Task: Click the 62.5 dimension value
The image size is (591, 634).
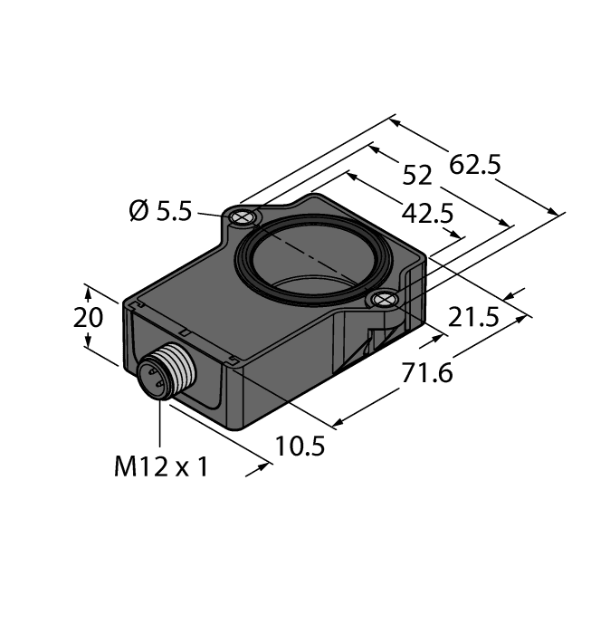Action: pos(476,165)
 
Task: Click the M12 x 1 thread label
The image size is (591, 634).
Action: pos(161,467)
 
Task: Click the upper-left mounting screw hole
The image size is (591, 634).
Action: pos(242,217)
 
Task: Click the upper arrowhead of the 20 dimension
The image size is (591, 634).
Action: pos(89,289)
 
